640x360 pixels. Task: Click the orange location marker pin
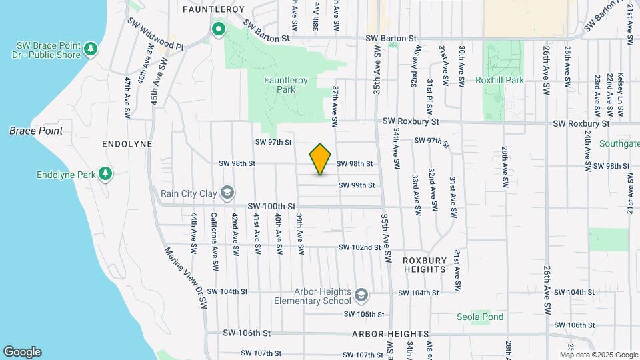click(321, 159)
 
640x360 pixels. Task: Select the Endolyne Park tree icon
click(105, 174)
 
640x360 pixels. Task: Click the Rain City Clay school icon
click(228, 193)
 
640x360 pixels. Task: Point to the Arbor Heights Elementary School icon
click(361, 295)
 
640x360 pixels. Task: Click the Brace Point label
click(36, 131)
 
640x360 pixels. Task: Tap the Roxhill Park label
click(501, 80)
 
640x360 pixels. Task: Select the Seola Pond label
click(480, 317)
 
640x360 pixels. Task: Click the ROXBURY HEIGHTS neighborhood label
click(424, 265)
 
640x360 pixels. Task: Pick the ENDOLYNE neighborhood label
click(127, 144)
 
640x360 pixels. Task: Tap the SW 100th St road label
click(271, 207)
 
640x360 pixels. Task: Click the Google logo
click(22, 351)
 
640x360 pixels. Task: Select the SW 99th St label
click(357, 185)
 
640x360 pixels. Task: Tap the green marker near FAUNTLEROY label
click(218, 29)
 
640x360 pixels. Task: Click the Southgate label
click(619, 143)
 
